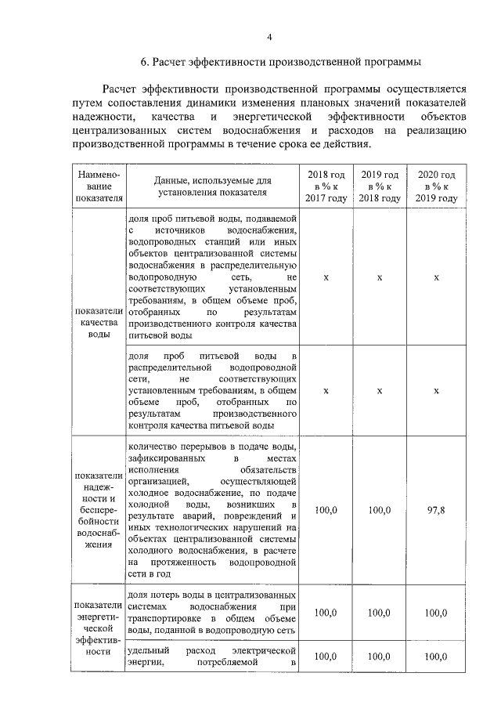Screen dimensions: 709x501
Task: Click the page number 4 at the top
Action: pyautogui.click(x=269, y=37)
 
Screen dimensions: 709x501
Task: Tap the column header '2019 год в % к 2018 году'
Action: pyautogui.click(x=380, y=186)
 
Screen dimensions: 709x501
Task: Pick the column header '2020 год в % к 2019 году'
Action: pyautogui.click(x=436, y=186)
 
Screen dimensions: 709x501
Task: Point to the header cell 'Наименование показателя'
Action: pyautogui.click(x=99, y=186)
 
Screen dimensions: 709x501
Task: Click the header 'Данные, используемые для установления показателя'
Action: pyautogui.click(x=212, y=186)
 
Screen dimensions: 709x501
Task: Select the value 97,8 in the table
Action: pyautogui.click(x=436, y=509)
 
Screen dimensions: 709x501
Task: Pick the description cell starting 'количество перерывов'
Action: pyautogui.click(x=212, y=509)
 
